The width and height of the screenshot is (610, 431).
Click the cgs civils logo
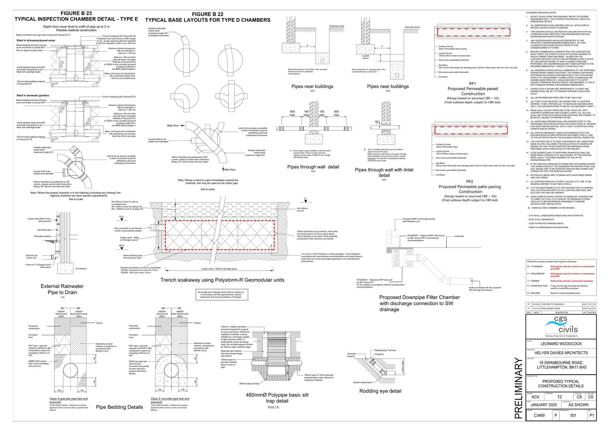pyautogui.click(x=561, y=326)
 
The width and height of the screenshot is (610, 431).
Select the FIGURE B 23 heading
pyautogui.click(x=76, y=13)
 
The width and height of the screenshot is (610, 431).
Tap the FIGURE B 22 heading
pyautogui.click(x=207, y=14)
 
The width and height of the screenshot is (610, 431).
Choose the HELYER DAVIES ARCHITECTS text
pyautogui.click(x=561, y=353)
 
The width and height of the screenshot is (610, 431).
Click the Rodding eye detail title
pyautogui.click(x=380, y=391)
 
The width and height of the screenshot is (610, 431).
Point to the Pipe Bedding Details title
pyautogui.click(x=119, y=407)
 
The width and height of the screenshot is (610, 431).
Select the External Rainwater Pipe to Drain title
pyautogui.click(x=62, y=289)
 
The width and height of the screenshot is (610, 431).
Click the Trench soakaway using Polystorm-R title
pyautogui.click(x=222, y=280)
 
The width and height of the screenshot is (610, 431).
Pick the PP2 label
pyautogui.click(x=470, y=182)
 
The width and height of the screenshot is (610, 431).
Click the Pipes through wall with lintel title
pyautogui.click(x=384, y=172)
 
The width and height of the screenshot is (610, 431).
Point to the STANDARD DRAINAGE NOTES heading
pyautogui.click(x=541, y=13)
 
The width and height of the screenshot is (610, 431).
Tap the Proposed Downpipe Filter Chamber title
pyautogui.click(x=419, y=303)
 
